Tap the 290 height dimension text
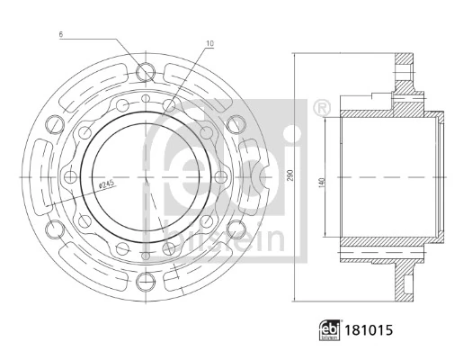(x=289, y=177)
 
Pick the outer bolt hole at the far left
(x=40, y=177)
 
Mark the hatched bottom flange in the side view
(x=406, y=281)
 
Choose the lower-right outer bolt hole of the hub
(x=235, y=232)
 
